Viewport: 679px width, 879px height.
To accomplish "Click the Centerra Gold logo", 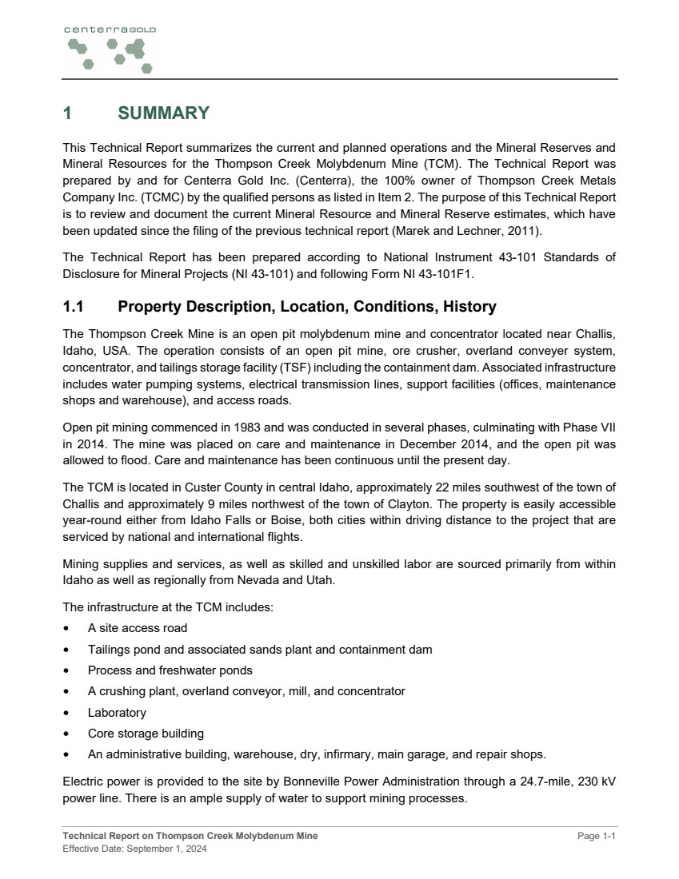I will pos(108,49).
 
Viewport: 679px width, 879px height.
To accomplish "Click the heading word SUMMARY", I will pos(163,113).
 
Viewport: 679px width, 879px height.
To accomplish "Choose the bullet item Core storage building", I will pos(146,733).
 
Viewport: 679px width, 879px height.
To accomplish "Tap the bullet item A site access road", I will pos(138,628).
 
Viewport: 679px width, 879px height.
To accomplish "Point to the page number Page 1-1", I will pos(598,836).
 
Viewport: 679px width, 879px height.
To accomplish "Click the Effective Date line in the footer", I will pos(134,849).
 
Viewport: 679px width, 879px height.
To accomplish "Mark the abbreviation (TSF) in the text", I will pos(315,368).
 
